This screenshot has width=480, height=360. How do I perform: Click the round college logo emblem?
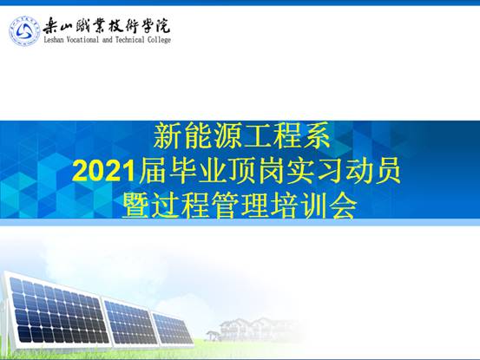[24, 31]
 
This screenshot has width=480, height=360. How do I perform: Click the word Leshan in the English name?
[54, 39]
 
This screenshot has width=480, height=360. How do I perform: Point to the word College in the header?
[159, 40]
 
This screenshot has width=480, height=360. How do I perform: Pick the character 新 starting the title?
[168, 135]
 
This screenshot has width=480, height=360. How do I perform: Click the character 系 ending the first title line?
[316, 135]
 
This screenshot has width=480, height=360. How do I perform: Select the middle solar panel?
[130, 321]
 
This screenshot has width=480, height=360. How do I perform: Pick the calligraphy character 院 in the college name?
[161, 25]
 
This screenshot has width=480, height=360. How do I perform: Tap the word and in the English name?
[108, 39]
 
